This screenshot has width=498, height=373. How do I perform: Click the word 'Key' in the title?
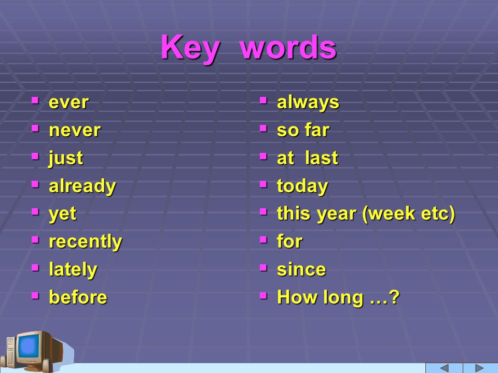point(190,48)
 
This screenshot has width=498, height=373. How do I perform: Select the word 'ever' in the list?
point(68,103)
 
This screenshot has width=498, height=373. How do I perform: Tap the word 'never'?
point(75,131)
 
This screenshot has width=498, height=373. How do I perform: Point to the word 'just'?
point(66,158)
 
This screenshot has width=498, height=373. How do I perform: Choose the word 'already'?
point(82,186)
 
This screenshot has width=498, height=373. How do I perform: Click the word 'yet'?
point(62,214)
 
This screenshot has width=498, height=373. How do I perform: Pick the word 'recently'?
point(86,242)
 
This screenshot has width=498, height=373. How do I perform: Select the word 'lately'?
point(73,269)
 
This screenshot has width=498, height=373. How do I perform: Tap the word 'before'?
point(78,297)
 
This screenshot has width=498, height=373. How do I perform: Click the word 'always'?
point(308,103)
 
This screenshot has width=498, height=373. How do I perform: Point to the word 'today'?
point(302,186)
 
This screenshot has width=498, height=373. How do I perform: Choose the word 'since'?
point(301,269)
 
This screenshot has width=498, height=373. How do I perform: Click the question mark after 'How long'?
point(394,297)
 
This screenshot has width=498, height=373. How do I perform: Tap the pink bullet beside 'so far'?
point(264,128)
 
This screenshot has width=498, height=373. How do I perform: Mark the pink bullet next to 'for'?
point(264,239)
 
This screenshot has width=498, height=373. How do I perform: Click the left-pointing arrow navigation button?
point(445,368)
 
